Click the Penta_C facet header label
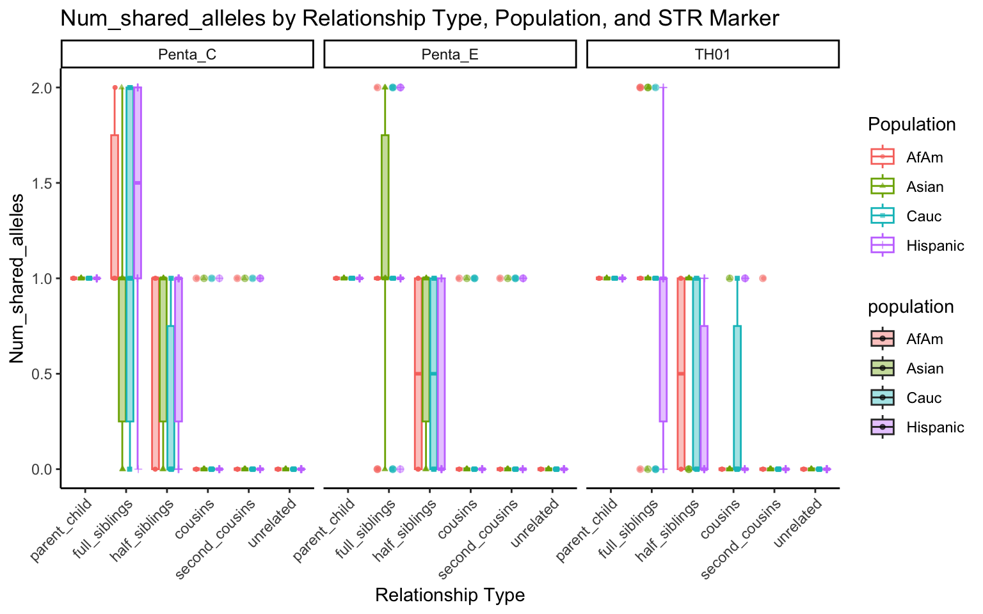[187, 54]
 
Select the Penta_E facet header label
[450, 54]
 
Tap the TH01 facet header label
[712, 54]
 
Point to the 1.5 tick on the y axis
[42, 183]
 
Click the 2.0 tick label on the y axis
[42, 88]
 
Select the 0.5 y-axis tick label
[42, 374]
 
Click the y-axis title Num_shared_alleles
[17, 278]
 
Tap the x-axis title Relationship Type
[450, 595]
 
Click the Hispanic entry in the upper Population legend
[934, 246]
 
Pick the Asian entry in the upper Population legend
[925, 187]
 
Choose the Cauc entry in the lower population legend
[923, 398]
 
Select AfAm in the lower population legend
[924, 339]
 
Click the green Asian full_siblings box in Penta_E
[385, 206]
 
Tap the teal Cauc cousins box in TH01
[737, 397]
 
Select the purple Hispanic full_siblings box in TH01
[663, 349]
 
